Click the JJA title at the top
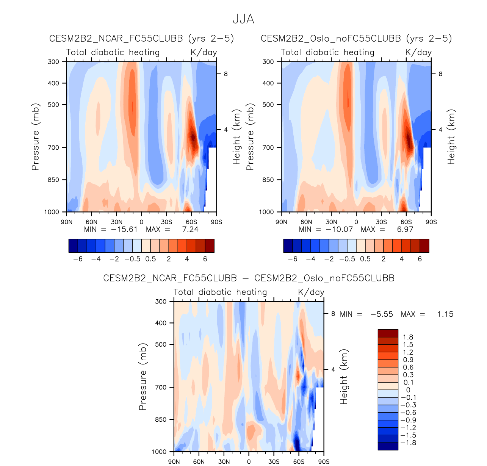point(243,19)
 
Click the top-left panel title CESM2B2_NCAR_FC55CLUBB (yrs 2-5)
point(142,38)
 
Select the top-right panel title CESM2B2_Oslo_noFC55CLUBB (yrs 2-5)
point(356,38)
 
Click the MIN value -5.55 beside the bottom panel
point(382,314)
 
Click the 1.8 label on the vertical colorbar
point(408,337)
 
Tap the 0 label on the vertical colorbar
point(408,390)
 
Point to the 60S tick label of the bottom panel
point(299,461)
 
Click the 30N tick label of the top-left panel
point(116,222)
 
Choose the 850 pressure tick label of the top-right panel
point(268,180)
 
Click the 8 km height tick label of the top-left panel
point(225,74)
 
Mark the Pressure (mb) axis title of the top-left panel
point(36,137)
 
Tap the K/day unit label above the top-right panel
point(418,52)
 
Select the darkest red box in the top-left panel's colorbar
point(210,246)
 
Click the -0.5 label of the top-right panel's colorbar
point(347,259)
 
